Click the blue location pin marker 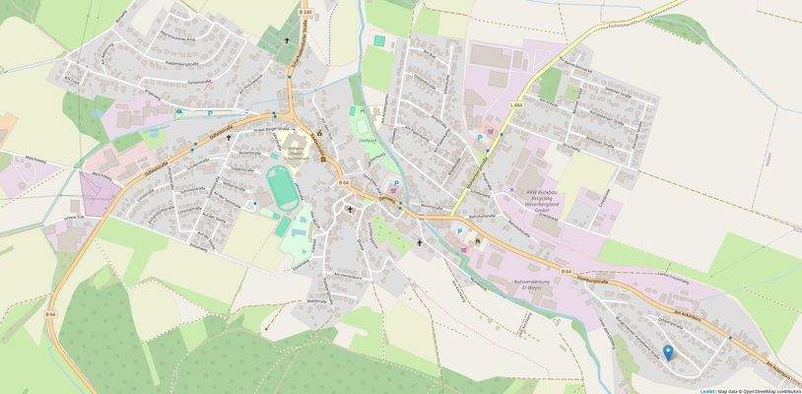667,352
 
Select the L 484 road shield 515,104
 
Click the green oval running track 281,186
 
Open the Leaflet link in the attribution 707,390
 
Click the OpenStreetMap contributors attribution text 769,390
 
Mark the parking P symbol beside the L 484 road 480,137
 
